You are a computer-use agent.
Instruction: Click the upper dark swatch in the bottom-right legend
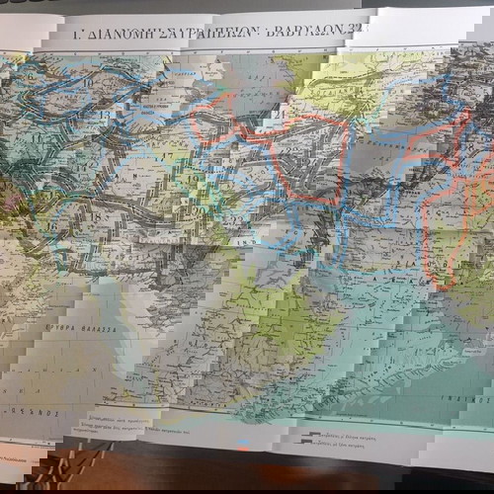[x=313, y=435]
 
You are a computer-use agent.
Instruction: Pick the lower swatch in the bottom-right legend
[x=313, y=446]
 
